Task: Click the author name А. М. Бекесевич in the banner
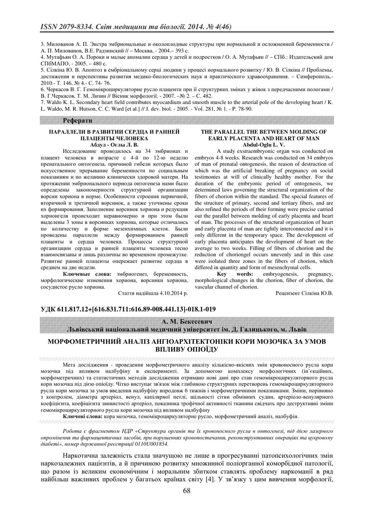pyautogui.click(x=186, y=322)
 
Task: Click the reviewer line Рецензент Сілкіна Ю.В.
pyautogui.click(x=305, y=293)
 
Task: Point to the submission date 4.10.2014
pyautogui.click(x=168, y=293)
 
